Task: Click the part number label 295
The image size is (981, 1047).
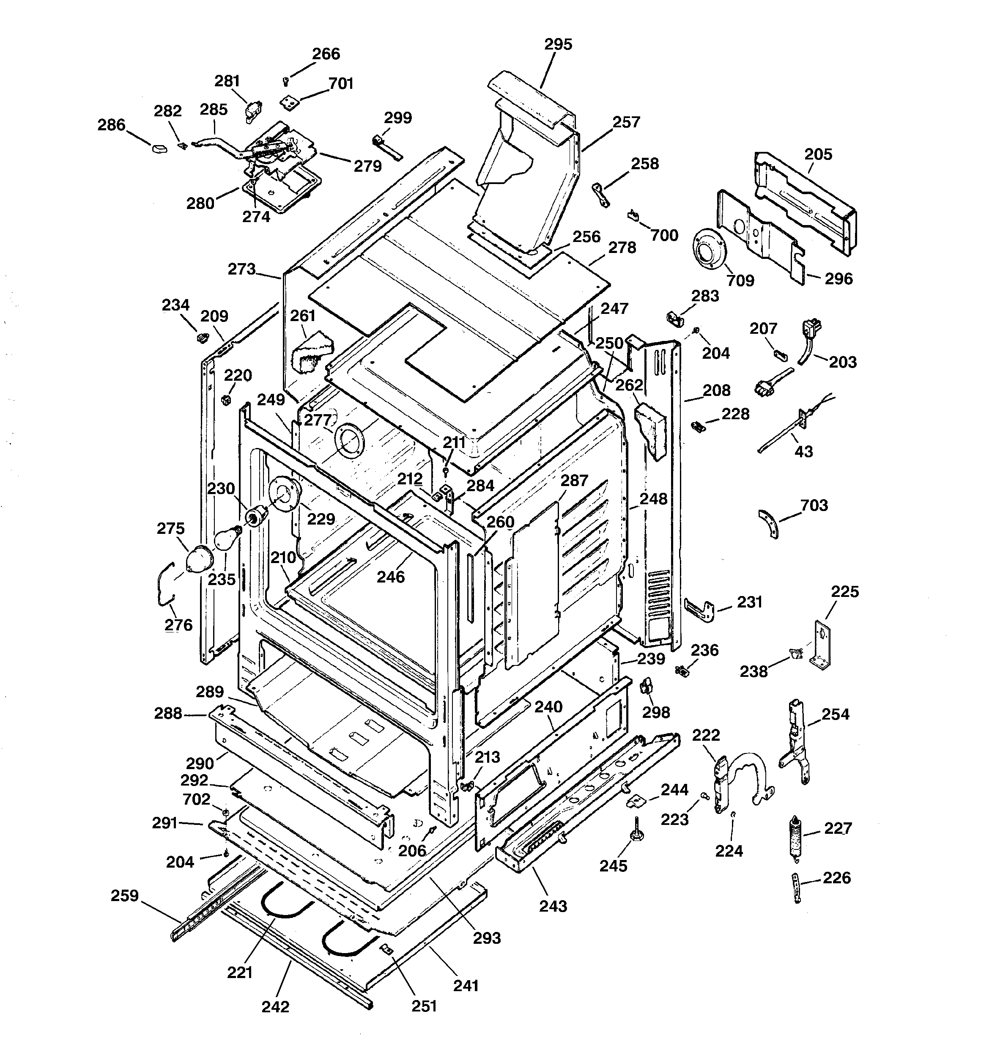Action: tap(558, 45)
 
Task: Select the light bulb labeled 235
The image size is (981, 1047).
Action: tap(225, 540)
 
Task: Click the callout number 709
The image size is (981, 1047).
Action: tap(740, 280)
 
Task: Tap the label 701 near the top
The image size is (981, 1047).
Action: tap(341, 84)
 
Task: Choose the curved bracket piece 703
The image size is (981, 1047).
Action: tap(768, 523)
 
